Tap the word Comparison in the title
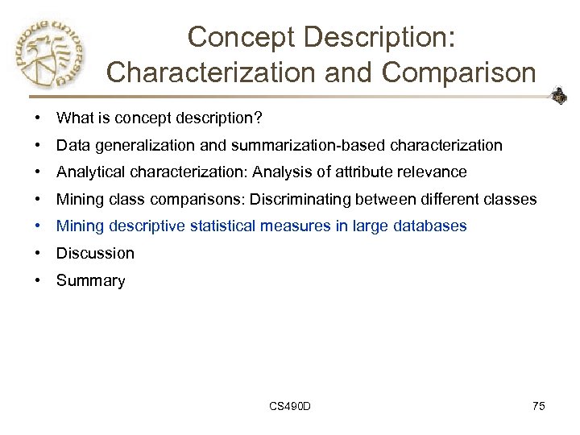pos(459,72)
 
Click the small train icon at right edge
pos(558,97)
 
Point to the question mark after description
pos(258,118)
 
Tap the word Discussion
pos(95,253)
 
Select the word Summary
pos(90,281)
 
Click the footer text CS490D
pos(290,406)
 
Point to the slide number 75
pos(539,406)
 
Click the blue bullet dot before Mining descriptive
pos(38,226)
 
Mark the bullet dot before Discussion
pos(38,253)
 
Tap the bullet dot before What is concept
pos(38,118)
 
